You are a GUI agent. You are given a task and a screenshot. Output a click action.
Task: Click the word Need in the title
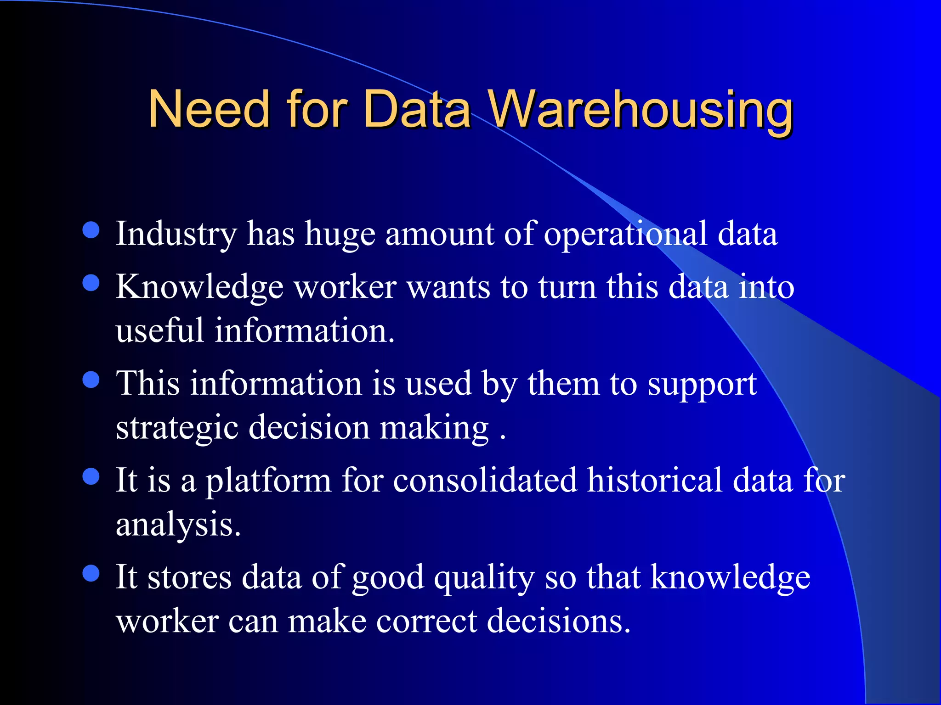pos(209,109)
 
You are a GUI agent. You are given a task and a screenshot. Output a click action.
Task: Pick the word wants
pos(448,287)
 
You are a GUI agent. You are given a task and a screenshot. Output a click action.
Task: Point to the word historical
pos(655,480)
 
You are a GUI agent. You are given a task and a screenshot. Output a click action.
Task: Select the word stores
pos(189,577)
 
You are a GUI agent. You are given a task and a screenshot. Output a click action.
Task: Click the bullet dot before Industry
pos(91,230)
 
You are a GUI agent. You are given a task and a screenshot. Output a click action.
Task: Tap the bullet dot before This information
pos(91,380)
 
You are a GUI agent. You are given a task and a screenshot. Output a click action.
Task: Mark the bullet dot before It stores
pos(91,573)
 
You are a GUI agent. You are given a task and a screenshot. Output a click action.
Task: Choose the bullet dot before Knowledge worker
pos(91,283)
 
